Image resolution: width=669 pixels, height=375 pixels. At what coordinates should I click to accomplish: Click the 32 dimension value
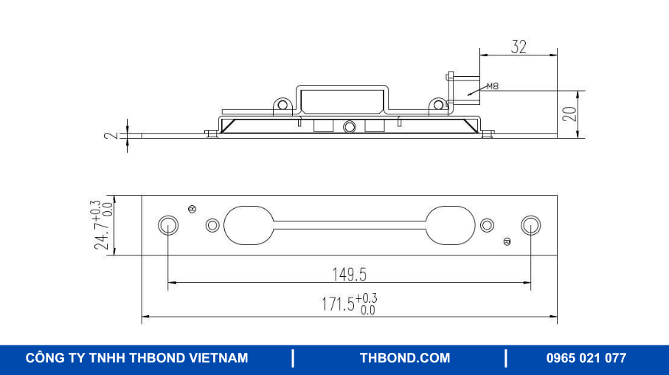(x=519, y=47)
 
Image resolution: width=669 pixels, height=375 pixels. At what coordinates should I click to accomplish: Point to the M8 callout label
(x=492, y=86)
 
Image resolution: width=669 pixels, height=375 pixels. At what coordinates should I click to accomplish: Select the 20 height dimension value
(x=569, y=114)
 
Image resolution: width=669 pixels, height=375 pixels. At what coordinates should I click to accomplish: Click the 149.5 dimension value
(x=349, y=275)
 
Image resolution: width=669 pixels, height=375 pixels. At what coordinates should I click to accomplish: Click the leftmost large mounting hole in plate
(x=167, y=225)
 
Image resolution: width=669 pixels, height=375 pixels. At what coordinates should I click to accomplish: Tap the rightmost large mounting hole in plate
(x=530, y=225)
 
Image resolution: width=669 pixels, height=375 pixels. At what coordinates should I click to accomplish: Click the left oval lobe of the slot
(x=249, y=225)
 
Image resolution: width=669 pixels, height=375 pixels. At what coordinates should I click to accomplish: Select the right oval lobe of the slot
(x=450, y=225)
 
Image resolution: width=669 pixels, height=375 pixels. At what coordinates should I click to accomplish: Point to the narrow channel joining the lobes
(x=349, y=225)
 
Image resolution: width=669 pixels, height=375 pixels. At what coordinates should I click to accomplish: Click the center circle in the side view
(x=349, y=128)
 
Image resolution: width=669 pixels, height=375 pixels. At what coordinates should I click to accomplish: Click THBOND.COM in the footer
(x=404, y=358)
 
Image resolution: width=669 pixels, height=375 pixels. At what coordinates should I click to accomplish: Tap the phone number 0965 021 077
(x=586, y=358)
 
